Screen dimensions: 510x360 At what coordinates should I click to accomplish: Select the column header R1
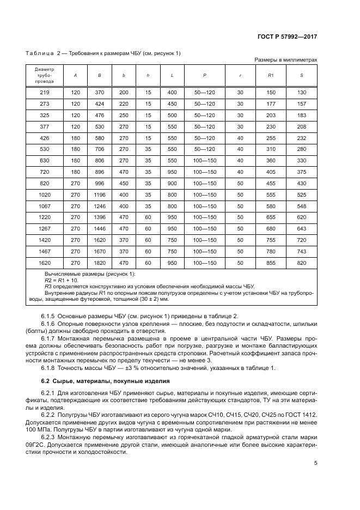[271, 75]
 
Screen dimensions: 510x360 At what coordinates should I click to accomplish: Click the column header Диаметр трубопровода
[45, 75]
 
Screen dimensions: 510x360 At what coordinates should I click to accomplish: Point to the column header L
[172, 75]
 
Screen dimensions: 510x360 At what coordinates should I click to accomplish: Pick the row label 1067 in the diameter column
[45, 207]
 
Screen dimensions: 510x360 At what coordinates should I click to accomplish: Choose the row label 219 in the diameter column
[45, 93]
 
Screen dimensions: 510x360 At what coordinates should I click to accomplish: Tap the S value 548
[301, 207]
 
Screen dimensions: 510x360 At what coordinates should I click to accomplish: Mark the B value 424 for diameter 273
[100, 104]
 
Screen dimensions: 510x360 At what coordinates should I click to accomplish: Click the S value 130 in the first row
[301, 93]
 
